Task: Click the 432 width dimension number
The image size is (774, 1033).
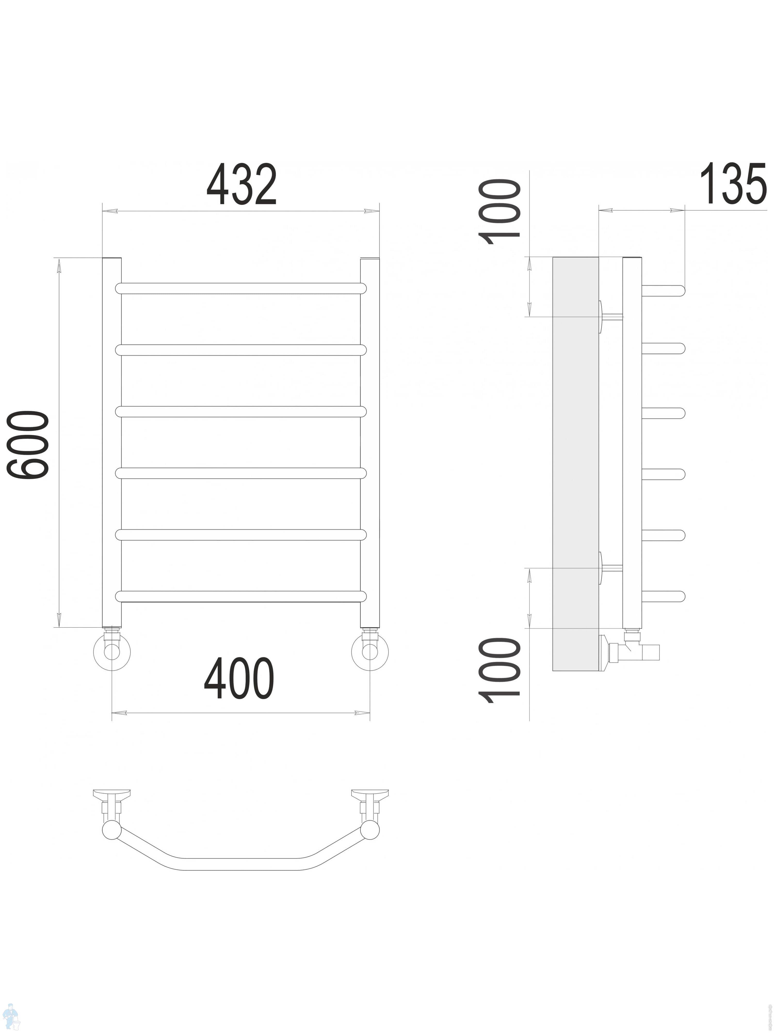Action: [242, 184]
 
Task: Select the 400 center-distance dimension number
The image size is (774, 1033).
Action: [239, 678]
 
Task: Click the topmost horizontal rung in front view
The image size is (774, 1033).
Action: [241, 288]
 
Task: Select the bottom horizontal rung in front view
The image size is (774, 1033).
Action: [241, 596]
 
